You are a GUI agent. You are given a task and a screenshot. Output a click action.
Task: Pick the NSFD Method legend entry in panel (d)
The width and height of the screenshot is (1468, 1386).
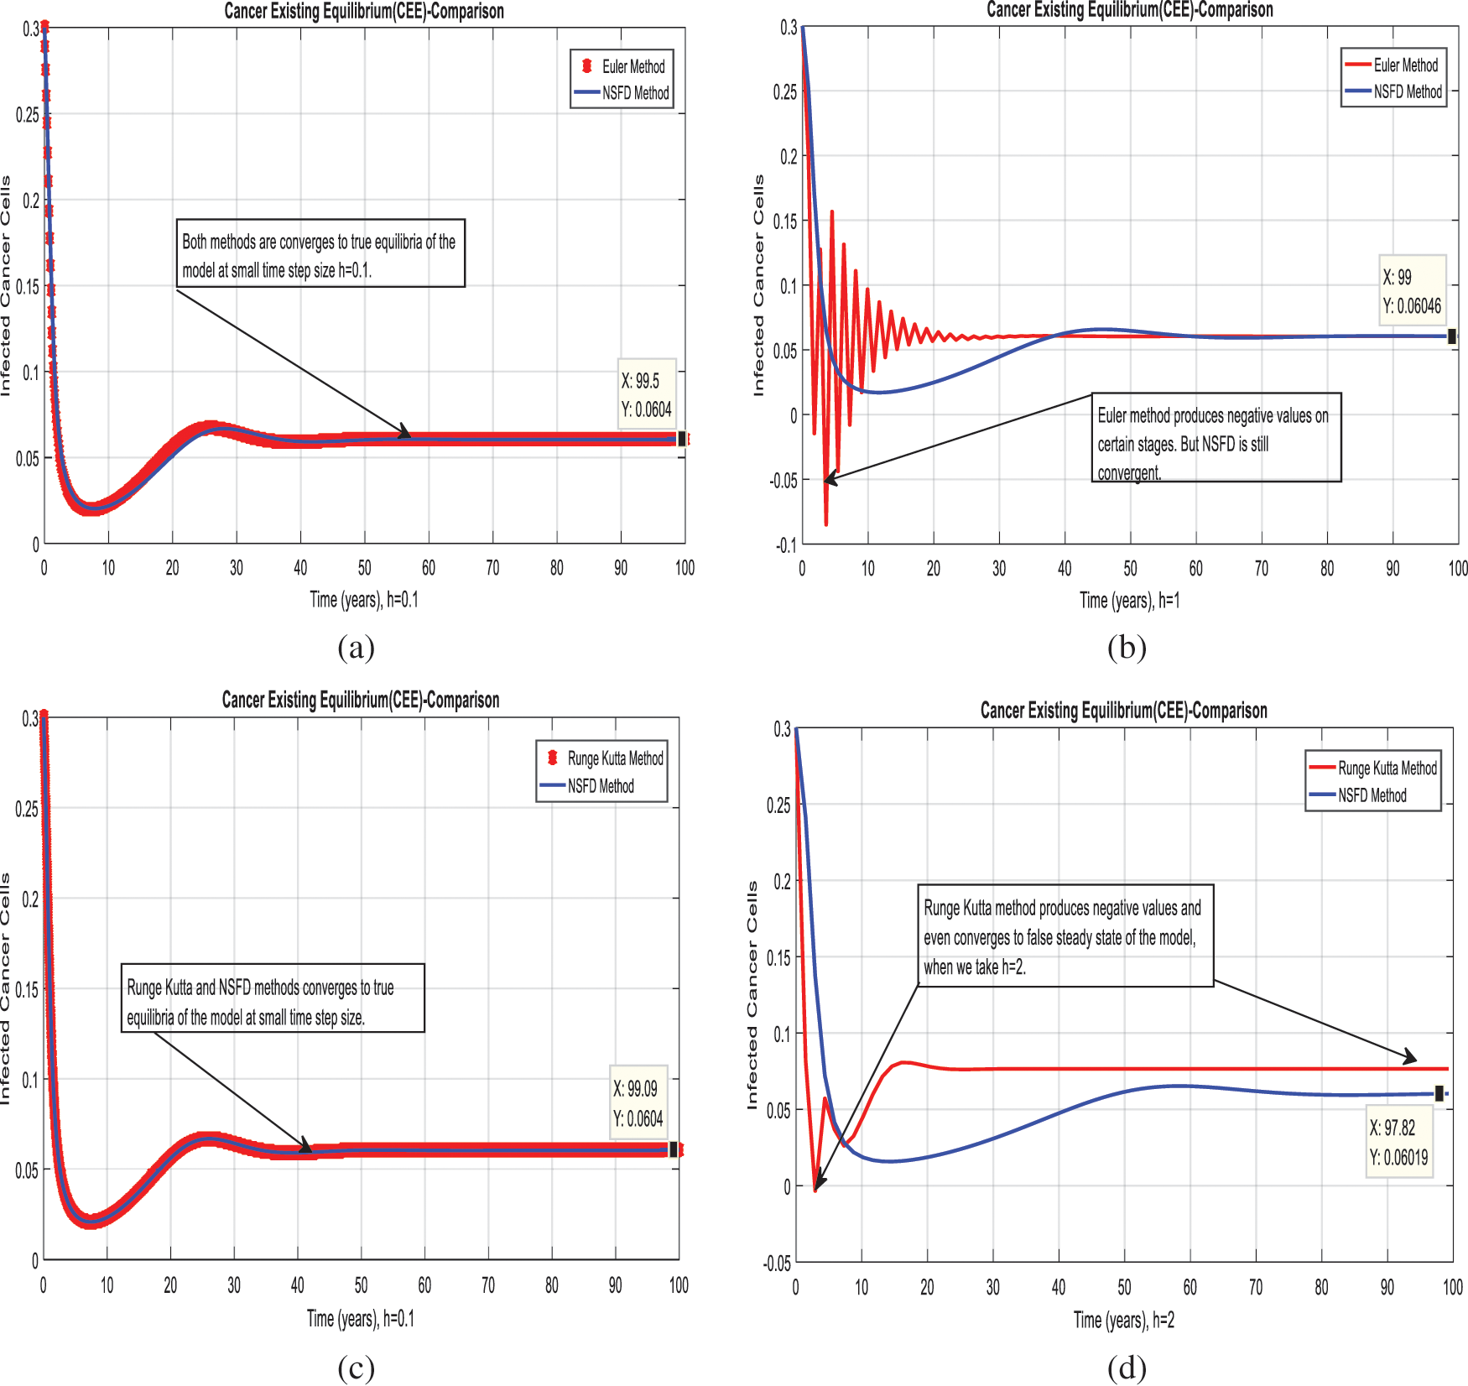1372,795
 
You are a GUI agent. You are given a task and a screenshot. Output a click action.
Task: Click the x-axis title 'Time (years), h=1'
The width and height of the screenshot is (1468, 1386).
1129,601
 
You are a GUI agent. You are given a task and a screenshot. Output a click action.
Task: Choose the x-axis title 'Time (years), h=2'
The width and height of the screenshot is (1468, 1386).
1124,1320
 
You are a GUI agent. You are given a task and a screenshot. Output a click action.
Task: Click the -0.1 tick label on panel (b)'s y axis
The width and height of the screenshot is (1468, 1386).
786,545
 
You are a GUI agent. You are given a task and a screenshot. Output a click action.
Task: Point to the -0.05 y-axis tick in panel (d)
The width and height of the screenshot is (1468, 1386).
777,1264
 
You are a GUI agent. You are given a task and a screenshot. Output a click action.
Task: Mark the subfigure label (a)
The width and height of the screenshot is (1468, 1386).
356,647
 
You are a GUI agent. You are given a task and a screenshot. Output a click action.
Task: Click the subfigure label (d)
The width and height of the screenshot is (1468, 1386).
1126,1368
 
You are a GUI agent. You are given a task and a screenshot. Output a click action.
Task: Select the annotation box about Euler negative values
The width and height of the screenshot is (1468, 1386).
1216,437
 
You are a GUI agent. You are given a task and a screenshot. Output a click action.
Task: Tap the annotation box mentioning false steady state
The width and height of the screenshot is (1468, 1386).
1065,935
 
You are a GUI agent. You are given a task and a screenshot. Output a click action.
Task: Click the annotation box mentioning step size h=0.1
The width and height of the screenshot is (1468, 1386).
320,253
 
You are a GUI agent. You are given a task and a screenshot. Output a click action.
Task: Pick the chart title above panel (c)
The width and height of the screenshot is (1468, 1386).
361,700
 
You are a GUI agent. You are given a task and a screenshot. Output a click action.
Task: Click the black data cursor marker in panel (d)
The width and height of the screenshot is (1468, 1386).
1439,1093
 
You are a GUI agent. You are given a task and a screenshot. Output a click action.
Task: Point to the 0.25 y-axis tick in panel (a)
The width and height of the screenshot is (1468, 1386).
28,115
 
